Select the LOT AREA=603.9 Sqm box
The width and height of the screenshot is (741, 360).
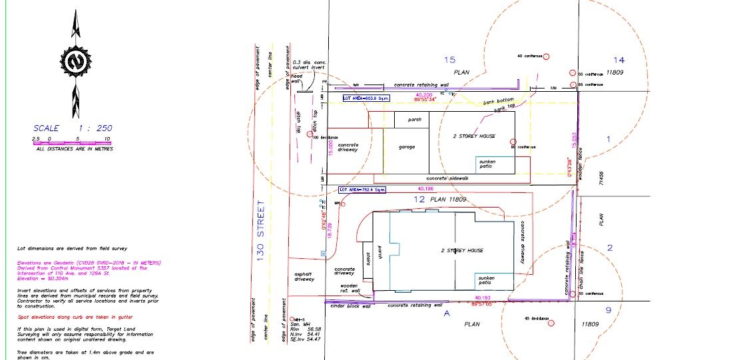[x=366, y=98]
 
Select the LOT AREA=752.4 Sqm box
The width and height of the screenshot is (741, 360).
[x=362, y=190]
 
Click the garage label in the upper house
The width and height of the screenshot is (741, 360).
[x=407, y=146]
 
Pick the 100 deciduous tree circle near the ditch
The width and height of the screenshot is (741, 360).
[x=309, y=134]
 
